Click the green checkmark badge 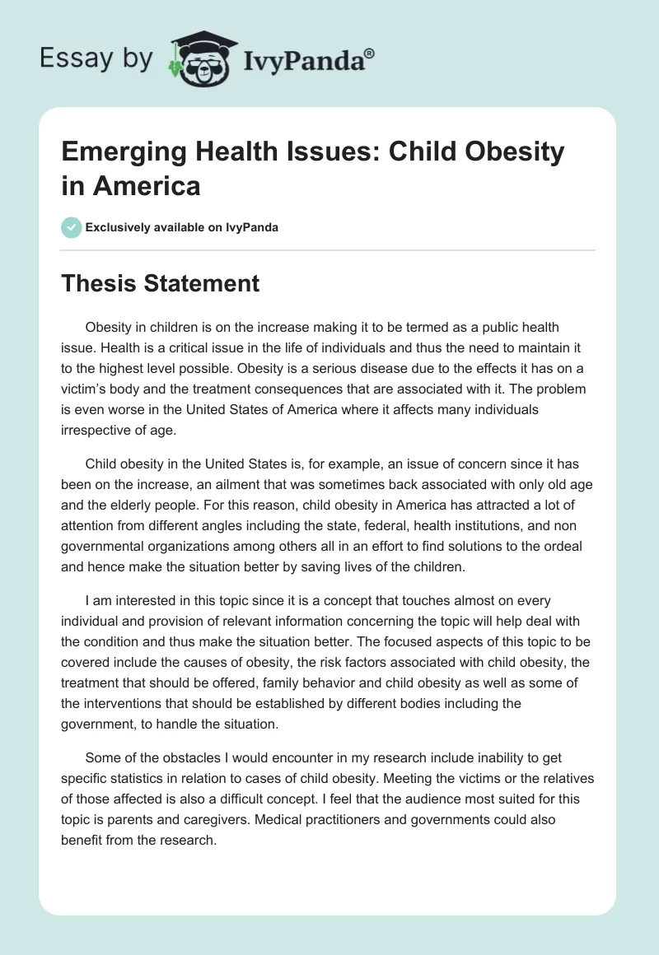click(x=72, y=227)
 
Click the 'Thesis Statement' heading click(x=161, y=284)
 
